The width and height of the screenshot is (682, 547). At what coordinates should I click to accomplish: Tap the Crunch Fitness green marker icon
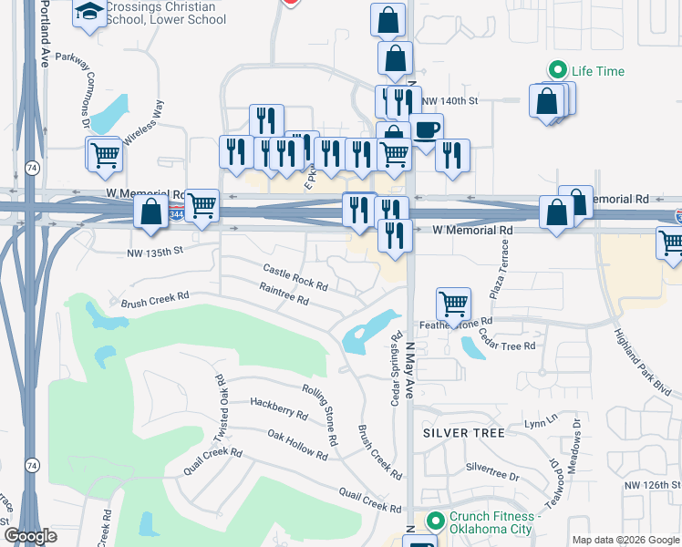[x=435, y=521]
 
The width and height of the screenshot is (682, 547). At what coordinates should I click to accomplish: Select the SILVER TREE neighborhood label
[x=464, y=433]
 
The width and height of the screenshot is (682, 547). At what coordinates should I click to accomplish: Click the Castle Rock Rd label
[x=295, y=276]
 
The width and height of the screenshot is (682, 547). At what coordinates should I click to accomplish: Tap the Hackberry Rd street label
[x=278, y=408]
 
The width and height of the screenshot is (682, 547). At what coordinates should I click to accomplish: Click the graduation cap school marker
[x=89, y=14]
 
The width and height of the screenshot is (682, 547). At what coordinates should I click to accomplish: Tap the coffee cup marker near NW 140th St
[x=426, y=129]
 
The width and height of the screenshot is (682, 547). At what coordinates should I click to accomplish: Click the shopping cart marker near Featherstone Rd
[x=453, y=304]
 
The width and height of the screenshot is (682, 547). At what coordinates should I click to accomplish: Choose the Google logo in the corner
[x=30, y=536]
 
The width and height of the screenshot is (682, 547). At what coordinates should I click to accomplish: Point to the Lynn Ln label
[x=540, y=424]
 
